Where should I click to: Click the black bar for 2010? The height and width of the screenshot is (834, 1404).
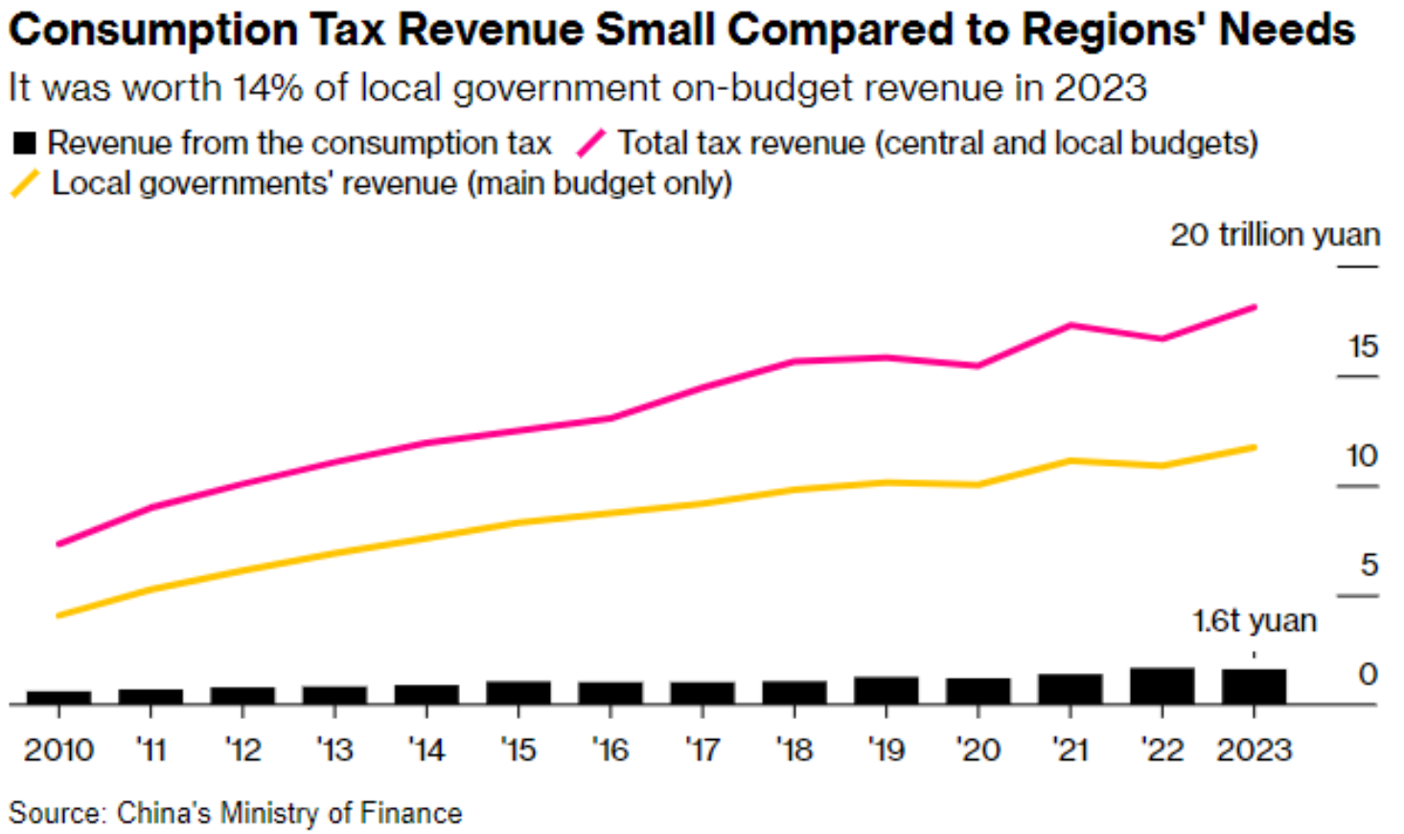pyautogui.click(x=58, y=697)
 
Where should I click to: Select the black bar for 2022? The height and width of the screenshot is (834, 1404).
pyautogui.click(x=1162, y=685)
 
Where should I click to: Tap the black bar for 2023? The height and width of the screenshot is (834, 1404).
pyautogui.click(x=1254, y=686)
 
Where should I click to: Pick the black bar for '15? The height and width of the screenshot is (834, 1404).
pyautogui.click(x=518, y=692)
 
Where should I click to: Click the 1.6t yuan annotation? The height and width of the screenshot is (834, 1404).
pyautogui.click(x=1254, y=621)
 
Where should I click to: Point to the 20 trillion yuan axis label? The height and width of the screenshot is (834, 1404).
pyautogui.click(x=1275, y=235)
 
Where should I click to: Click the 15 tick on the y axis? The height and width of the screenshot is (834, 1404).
pyautogui.click(x=1362, y=346)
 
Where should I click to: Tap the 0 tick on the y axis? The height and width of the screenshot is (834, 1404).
pyautogui.click(x=1368, y=675)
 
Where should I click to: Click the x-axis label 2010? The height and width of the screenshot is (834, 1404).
pyautogui.click(x=58, y=750)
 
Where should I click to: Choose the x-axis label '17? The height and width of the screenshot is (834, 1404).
pyautogui.click(x=702, y=750)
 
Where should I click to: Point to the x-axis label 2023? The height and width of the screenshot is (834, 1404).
pyautogui.click(x=1254, y=750)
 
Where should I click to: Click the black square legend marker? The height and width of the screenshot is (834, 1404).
pyautogui.click(x=24, y=144)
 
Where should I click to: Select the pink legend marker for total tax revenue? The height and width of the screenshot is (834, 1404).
pyautogui.click(x=591, y=144)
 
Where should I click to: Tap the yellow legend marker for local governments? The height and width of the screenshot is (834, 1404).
pyautogui.click(x=25, y=183)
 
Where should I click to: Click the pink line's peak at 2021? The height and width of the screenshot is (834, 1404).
pyautogui.click(x=1070, y=325)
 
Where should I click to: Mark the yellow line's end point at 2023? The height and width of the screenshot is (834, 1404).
pyautogui.click(x=1254, y=447)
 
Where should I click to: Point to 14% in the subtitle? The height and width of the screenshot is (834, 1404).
pyautogui.click(x=267, y=88)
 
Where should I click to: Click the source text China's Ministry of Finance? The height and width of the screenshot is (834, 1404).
pyautogui.click(x=288, y=813)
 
